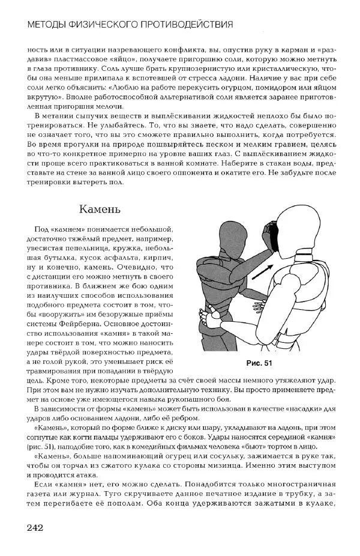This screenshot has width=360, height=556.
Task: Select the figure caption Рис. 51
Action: tap(259, 363)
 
